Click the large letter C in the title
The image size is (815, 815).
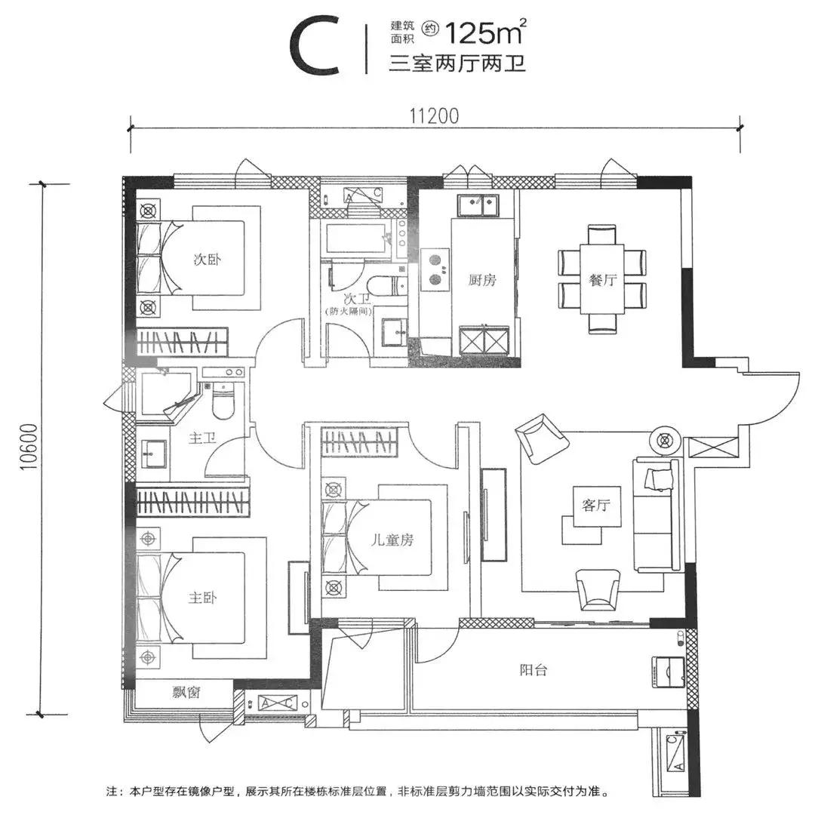click(x=315, y=47)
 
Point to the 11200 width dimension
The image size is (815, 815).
click(x=435, y=115)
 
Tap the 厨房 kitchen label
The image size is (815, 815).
click(x=481, y=280)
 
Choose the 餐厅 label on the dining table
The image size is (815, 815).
click(x=603, y=280)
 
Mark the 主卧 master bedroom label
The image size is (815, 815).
click(x=202, y=598)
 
